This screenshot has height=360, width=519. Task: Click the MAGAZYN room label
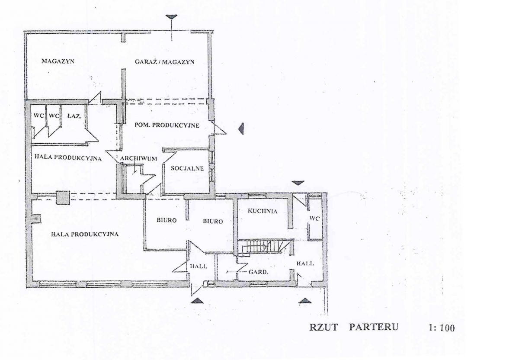(x=58, y=61)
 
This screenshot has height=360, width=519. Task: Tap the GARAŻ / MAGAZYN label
(x=164, y=62)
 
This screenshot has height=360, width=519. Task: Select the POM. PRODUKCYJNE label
(x=167, y=125)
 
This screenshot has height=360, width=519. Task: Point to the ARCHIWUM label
(x=138, y=159)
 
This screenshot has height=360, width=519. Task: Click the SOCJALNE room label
(x=187, y=168)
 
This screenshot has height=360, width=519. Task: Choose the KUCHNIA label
(x=262, y=211)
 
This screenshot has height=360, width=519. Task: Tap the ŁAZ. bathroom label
(x=74, y=116)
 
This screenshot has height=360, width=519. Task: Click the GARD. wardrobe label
(x=258, y=272)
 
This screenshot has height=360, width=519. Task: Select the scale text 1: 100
(x=442, y=328)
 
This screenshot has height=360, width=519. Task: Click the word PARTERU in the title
(x=374, y=327)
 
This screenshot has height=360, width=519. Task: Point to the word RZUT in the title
(x=324, y=327)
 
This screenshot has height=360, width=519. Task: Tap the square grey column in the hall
(x=63, y=197)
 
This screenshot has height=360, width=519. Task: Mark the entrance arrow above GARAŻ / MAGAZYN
(x=171, y=17)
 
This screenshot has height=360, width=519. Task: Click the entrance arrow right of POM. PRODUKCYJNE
(x=241, y=129)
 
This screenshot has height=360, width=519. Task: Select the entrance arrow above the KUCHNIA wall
(x=298, y=183)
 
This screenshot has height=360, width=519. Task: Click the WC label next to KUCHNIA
(x=315, y=219)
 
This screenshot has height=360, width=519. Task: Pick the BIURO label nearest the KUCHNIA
(x=213, y=222)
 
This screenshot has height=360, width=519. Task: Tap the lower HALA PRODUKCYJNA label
(x=85, y=235)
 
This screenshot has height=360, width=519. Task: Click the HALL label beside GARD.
(x=305, y=264)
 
